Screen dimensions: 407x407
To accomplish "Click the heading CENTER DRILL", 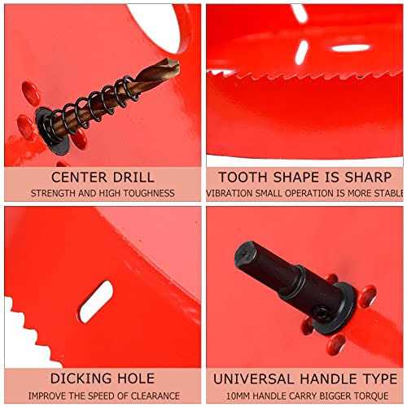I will pyautogui.click(x=102, y=177).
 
